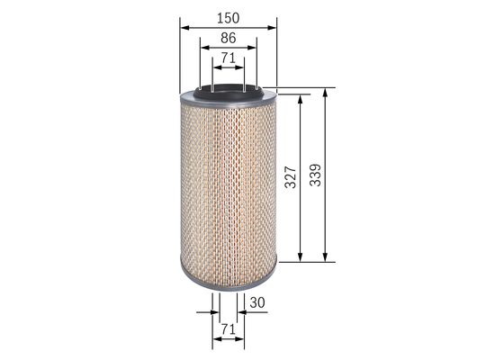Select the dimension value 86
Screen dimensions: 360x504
pos(228,38)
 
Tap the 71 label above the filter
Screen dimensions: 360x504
pos(228,58)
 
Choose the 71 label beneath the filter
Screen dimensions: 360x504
pos(228,329)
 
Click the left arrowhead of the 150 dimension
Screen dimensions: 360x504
pos(184,26)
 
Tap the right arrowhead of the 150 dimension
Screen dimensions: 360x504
pos(273,26)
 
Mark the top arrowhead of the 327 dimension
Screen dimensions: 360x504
pos(300,96)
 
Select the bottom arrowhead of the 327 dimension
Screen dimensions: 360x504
pos(300,256)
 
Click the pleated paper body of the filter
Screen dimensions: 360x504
pos(228,180)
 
